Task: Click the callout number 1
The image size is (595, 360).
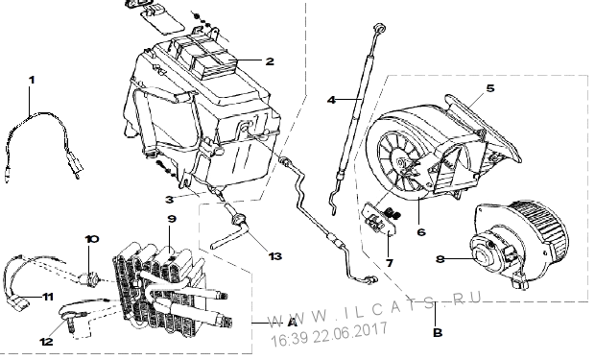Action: (32, 80)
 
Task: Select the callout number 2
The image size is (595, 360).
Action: (270, 61)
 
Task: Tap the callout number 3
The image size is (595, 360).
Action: (169, 200)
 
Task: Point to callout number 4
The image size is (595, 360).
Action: (331, 100)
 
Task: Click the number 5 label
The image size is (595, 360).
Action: (490, 88)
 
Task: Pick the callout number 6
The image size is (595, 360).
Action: (421, 232)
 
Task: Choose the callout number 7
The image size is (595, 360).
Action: (390, 263)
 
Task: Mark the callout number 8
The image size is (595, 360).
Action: (440, 259)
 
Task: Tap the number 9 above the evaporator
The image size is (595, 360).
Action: (172, 219)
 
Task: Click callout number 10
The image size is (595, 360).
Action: (92, 239)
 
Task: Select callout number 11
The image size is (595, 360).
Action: (48, 297)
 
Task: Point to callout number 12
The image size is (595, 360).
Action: (46, 342)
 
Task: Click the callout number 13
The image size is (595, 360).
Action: (275, 256)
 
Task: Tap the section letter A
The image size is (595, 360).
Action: (292, 323)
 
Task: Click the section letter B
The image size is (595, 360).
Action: (438, 333)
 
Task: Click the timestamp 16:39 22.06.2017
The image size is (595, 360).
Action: (328, 334)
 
